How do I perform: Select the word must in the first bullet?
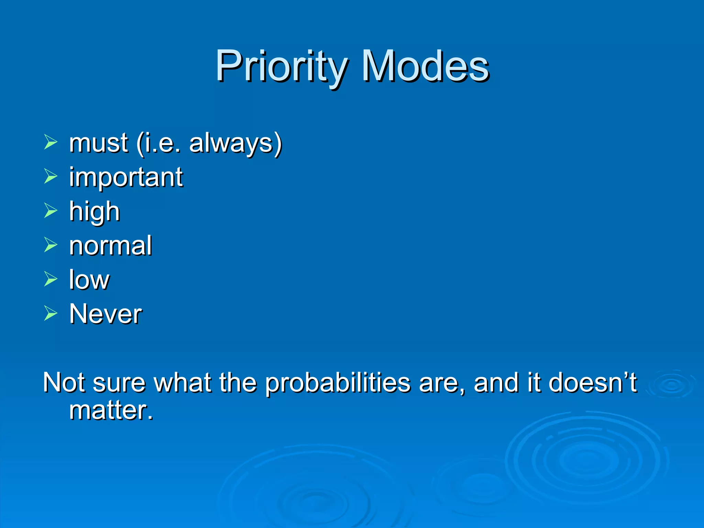pyautogui.click(x=99, y=143)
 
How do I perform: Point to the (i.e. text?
pyautogui.click(x=158, y=143)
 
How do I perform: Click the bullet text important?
pyautogui.click(x=126, y=177)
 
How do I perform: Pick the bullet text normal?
pyautogui.click(x=110, y=245)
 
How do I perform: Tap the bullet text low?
pyautogui.click(x=89, y=279)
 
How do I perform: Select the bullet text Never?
pyautogui.click(x=106, y=314)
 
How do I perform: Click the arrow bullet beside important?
pyautogui.click(x=51, y=176)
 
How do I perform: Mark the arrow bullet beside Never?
pyautogui.click(x=51, y=313)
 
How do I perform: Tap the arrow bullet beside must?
pyautogui.click(x=51, y=142)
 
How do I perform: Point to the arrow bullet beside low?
pyautogui.click(x=51, y=279)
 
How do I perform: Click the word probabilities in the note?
pyautogui.click(x=338, y=383)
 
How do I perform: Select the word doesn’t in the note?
pyautogui.click(x=593, y=382)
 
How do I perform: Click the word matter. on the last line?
pyautogui.click(x=111, y=410)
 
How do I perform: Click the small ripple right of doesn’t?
pyautogui.click(x=671, y=385)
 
